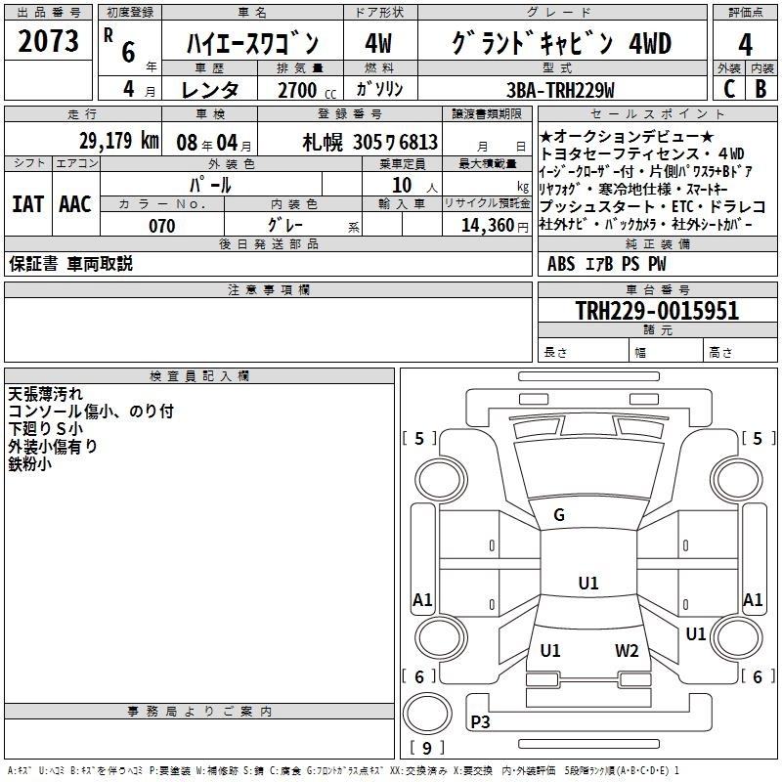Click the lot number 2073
point(48,41)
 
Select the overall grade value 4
point(745,45)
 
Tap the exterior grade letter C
point(729,89)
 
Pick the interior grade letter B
point(760,89)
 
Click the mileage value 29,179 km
point(118,141)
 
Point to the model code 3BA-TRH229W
point(560,90)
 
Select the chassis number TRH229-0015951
point(657,311)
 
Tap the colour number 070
point(162,226)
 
